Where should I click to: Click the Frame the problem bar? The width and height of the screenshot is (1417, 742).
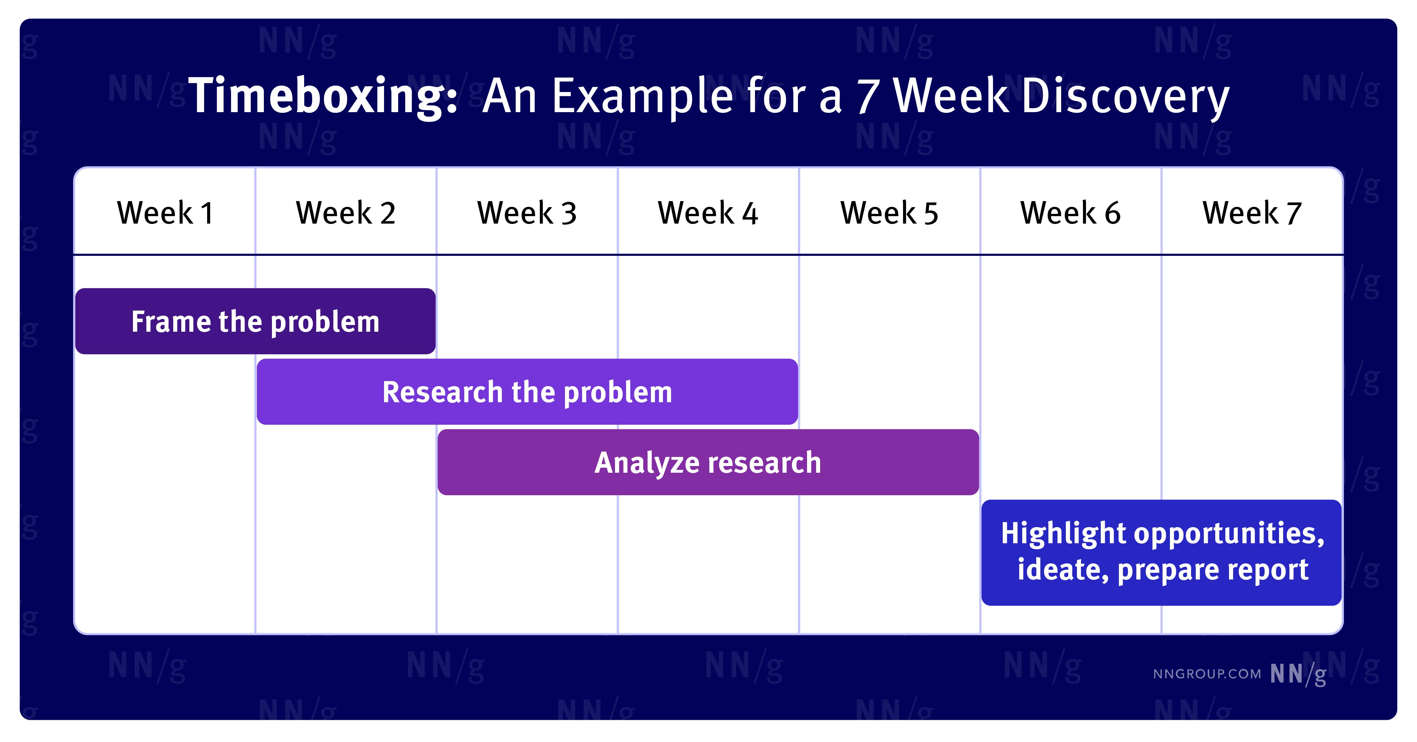pos(255,321)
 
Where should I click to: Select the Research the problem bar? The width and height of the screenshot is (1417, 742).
pos(527,391)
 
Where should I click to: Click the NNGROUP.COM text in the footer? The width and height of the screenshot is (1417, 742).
pos(1207,674)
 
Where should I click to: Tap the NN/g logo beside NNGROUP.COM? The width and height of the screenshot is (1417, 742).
pos(1298,674)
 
